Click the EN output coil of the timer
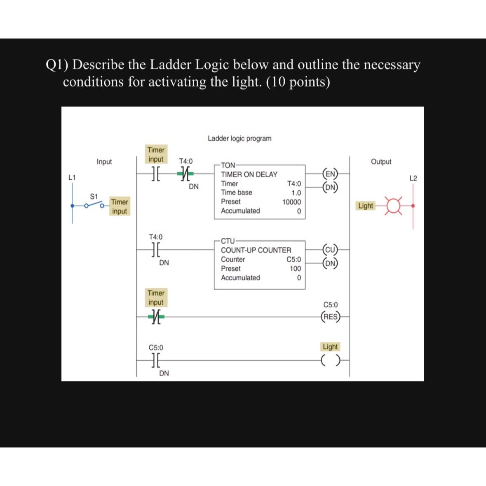(x=330, y=174)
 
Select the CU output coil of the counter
(x=330, y=249)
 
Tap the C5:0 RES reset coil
(x=330, y=317)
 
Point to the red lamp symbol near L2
(x=395, y=205)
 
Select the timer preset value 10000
(x=291, y=202)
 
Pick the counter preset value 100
(x=295, y=269)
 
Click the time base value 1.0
(x=296, y=193)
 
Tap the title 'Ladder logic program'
(x=239, y=139)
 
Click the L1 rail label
(x=72, y=178)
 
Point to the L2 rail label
(x=413, y=178)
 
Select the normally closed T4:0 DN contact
(x=185, y=174)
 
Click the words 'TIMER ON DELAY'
(x=249, y=174)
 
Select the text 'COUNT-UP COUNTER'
(x=256, y=250)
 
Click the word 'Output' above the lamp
(x=381, y=162)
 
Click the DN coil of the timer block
(x=330, y=187)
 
